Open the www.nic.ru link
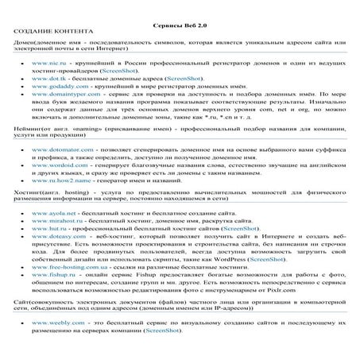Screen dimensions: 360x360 (x=45, y=61)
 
